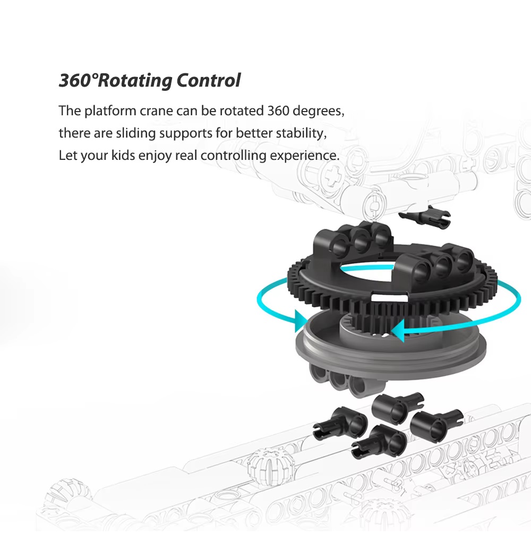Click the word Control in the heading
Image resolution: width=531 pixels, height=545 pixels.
click(x=209, y=80)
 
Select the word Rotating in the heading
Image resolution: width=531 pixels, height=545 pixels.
click(x=135, y=81)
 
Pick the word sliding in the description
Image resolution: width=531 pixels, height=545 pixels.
click(x=135, y=133)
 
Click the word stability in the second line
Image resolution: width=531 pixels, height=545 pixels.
click(x=301, y=133)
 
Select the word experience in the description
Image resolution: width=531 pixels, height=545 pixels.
click(x=304, y=156)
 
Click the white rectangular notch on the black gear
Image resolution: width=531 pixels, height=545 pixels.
click(x=390, y=297)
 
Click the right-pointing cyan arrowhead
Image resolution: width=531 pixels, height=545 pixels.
click(x=301, y=321)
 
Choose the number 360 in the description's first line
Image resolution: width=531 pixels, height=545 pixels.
click(x=278, y=111)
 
